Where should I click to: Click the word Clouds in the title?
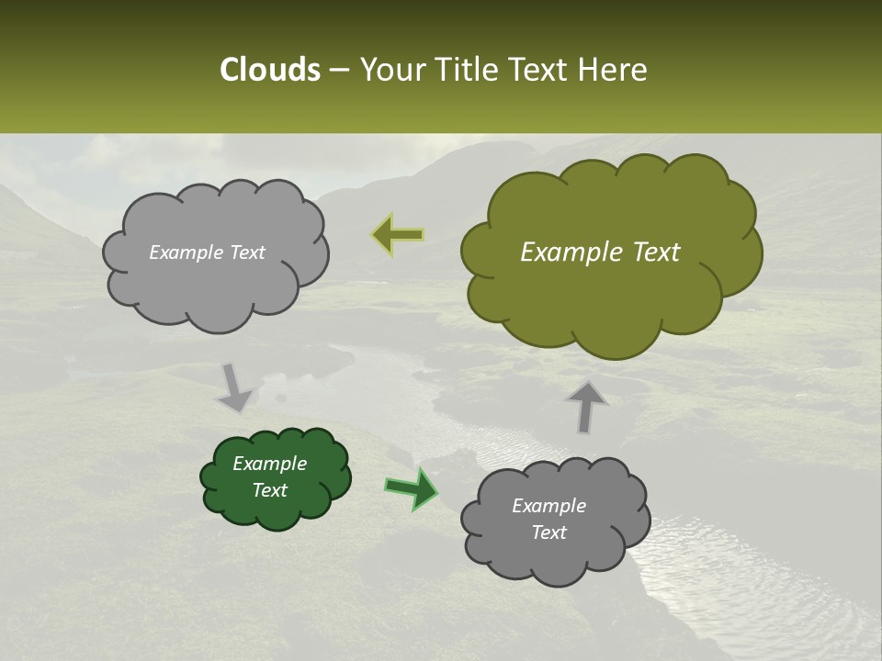(x=269, y=70)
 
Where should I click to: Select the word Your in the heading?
(x=391, y=70)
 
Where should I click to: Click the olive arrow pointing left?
(x=397, y=235)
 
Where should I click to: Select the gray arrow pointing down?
(x=235, y=387)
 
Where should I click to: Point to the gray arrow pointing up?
(x=586, y=406)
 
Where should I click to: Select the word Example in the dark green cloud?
(x=269, y=464)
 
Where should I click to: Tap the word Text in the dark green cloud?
(x=269, y=490)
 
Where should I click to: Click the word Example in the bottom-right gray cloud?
(x=548, y=506)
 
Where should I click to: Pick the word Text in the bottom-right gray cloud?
(x=548, y=532)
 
